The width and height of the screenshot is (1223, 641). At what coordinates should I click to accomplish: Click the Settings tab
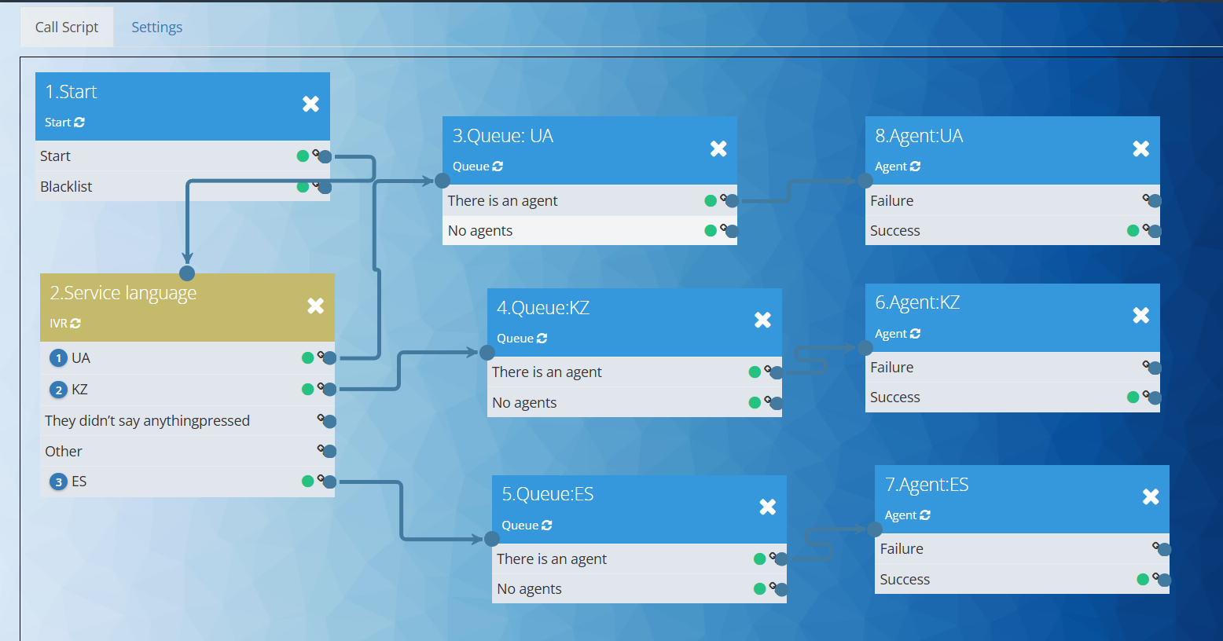[x=156, y=27]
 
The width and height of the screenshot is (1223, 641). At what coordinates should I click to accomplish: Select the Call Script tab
[x=67, y=27]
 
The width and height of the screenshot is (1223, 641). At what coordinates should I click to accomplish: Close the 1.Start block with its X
[x=310, y=104]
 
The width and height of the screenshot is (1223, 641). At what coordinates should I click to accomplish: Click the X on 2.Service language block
[x=315, y=306]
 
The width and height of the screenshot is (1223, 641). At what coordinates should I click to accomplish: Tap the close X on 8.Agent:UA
[x=1140, y=148]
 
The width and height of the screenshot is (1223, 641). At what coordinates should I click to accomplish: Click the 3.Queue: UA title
[x=503, y=136]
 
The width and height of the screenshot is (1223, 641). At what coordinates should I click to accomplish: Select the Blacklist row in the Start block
[x=67, y=187]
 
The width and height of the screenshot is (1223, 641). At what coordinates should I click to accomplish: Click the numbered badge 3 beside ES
[x=58, y=482]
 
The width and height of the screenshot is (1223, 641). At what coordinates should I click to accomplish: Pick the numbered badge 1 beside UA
[x=58, y=358]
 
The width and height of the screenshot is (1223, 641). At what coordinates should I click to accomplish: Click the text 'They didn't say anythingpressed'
[x=147, y=421]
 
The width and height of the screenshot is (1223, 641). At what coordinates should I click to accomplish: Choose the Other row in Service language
[x=64, y=452]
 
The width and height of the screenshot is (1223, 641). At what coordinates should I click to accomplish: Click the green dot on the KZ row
[x=307, y=390]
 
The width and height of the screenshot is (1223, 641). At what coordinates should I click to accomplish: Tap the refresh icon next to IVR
[x=75, y=324]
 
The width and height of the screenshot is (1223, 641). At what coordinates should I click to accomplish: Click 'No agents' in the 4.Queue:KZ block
[x=524, y=403]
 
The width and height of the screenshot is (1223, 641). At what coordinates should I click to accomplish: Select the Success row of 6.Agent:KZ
[x=895, y=397]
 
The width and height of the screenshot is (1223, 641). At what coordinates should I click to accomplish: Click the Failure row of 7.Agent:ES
[x=902, y=549]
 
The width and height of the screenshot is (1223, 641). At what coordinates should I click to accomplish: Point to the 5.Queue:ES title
[x=548, y=494]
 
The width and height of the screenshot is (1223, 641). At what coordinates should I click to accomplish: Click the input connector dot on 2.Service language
[x=187, y=273]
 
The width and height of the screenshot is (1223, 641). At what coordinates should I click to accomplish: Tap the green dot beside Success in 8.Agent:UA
[x=1133, y=231]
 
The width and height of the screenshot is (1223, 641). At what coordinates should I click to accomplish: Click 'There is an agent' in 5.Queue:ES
[x=552, y=559]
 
